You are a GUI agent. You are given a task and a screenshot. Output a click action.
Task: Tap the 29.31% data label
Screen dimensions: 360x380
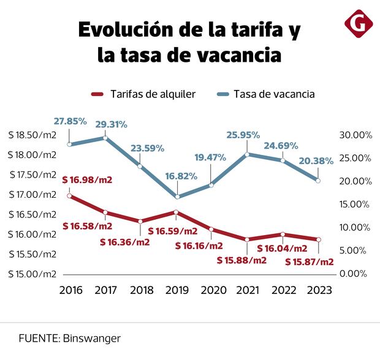click(x=112, y=124)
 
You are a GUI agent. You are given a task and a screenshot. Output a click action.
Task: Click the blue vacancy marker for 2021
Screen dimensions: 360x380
click(x=247, y=154)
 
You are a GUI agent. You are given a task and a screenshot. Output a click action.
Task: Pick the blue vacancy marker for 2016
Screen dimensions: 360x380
click(x=69, y=144)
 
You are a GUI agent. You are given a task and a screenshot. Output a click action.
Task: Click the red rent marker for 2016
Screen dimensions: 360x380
click(x=69, y=195)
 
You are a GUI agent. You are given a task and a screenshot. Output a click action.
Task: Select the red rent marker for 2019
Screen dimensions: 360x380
click(x=176, y=212)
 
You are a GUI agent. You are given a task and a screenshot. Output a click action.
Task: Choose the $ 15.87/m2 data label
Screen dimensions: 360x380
click(x=310, y=262)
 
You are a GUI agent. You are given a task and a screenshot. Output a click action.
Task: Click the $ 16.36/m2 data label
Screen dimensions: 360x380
click(x=125, y=241)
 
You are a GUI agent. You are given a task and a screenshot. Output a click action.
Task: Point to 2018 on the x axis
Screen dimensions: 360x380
click(x=141, y=290)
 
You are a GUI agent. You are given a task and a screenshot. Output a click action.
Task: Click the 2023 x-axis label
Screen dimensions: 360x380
click(x=318, y=290)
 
